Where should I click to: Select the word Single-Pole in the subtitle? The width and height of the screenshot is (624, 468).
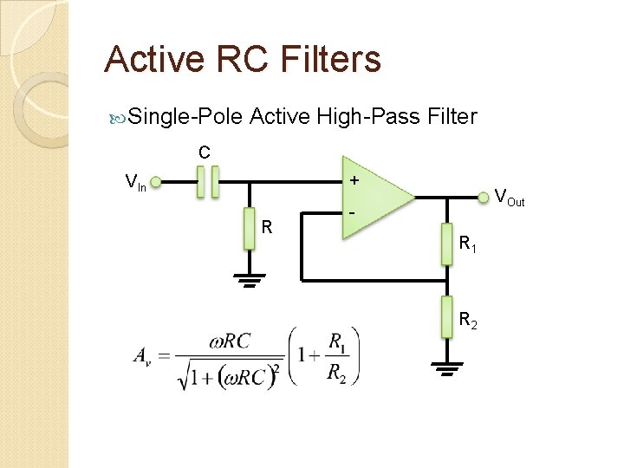tap(185, 116)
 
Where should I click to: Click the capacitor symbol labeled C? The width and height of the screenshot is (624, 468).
tap(205, 183)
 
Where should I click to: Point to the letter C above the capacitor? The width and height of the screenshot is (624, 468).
tap(204, 153)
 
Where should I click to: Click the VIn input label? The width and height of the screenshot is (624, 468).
tap(135, 183)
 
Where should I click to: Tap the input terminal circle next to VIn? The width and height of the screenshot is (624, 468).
tap(157, 183)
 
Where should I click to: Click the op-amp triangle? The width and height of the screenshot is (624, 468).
tap(377, 197)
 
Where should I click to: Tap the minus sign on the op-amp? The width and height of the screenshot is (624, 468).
tap(354, 213)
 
